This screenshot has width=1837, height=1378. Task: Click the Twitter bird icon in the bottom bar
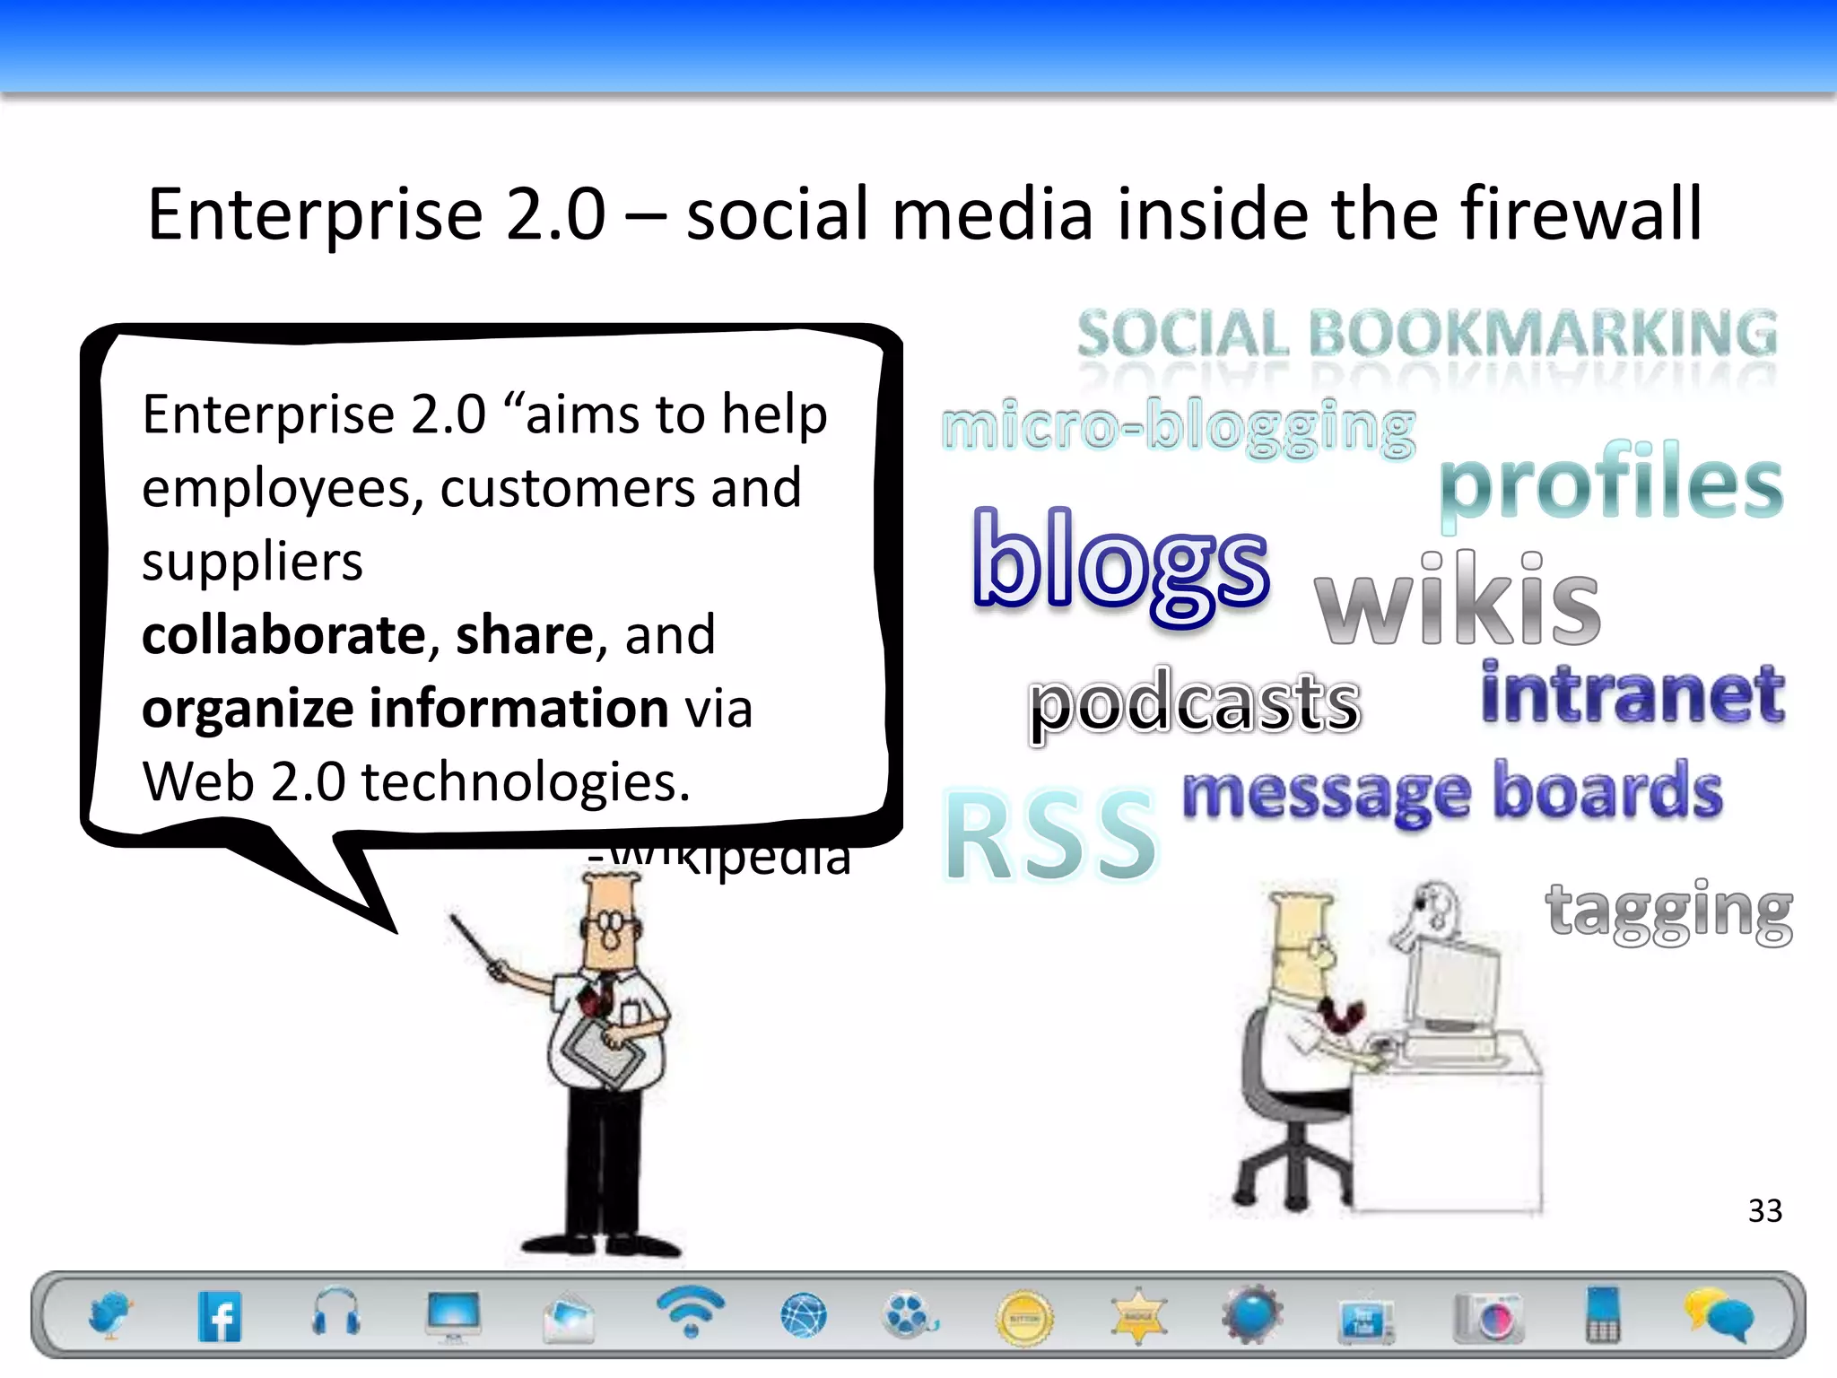coord(109,1315)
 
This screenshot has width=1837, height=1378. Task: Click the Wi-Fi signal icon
coord(689,1310)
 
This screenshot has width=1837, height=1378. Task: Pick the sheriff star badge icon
coord(1138,1317)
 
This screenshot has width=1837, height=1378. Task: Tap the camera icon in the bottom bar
coord(1488,1317)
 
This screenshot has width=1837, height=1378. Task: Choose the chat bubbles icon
coord(1718,1315)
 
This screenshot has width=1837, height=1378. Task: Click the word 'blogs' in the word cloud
coord(1120,563)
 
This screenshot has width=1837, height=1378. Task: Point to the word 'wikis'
coord(1457,599)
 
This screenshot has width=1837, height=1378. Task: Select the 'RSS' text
coord(1050,836)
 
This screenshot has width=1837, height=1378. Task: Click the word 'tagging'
coord(1668,911)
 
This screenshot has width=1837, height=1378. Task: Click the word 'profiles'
coord(1611,483)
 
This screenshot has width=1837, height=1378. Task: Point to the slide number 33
coord(1764,1211)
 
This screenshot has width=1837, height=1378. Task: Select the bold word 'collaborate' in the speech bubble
coord(284,635)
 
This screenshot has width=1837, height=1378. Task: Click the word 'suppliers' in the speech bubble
coord(252,563)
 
